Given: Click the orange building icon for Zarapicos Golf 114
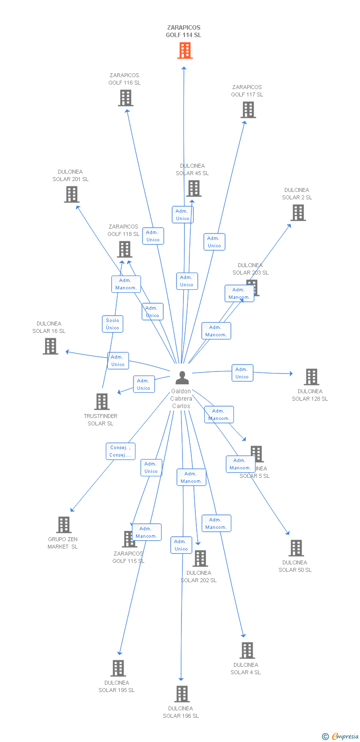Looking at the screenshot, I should tap(184, 50).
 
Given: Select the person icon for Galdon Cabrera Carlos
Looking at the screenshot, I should tap(182, 377).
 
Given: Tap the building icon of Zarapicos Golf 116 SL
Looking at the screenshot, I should tap(126, 98).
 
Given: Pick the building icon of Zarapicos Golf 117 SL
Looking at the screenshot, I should tap(248, 110).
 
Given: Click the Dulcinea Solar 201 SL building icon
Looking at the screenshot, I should tap(72, 194).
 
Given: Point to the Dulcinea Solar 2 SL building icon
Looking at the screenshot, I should tap(298, 213).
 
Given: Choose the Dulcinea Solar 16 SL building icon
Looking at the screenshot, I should tap(50, 346).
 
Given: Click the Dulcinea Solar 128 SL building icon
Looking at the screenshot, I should tap(311, 377).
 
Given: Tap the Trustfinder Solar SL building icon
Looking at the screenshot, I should tap(102, 402).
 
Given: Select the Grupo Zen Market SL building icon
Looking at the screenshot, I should tap(64, 525).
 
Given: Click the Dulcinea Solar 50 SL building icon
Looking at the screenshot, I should tap(296, 548).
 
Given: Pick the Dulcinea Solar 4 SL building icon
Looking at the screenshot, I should tap(247, 650).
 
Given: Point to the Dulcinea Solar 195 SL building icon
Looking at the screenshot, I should tap(118, 668).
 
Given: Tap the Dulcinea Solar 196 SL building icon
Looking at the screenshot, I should tap(182, 694).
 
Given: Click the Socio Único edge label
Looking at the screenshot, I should tap(112, 324).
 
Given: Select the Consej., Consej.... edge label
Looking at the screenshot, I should tap(120, 451).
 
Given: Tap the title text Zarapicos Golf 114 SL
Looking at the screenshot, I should tap(183, 31).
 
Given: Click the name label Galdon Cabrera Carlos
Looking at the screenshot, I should tap(181, 399).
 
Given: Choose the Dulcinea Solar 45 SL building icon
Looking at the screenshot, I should tap(194, 188).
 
